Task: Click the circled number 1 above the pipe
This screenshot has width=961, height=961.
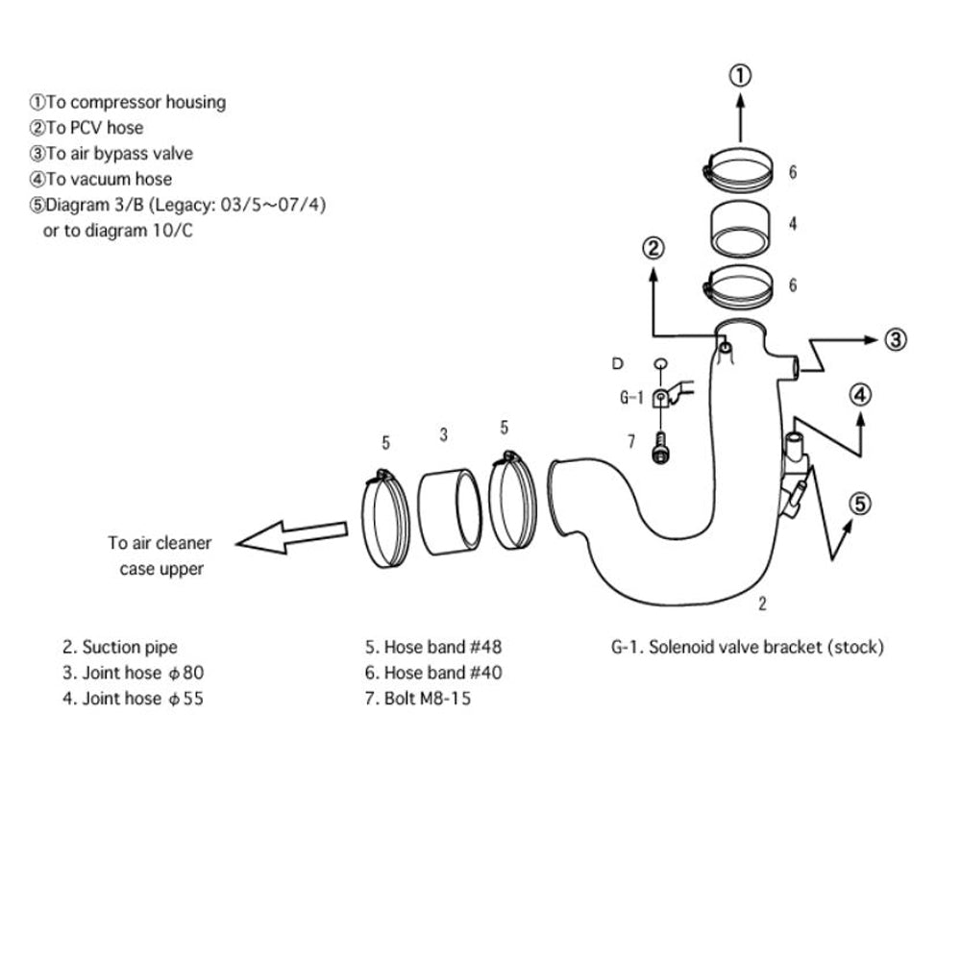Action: [x=740, y=74]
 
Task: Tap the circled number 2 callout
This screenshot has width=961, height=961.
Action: [x=653, y=249]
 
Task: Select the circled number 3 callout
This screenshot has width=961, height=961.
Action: [x=895, y=338]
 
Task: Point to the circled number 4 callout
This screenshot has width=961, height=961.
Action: [x=861, y=394]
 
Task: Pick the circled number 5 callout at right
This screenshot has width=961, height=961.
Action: [x=861, y=502]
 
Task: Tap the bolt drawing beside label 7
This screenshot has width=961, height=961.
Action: [x=659, y=448]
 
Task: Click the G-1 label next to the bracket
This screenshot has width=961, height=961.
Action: [x=630, y=396]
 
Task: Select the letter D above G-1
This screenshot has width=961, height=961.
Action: [x=617, y=363]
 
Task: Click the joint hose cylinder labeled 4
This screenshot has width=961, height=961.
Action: [x=739, y=226]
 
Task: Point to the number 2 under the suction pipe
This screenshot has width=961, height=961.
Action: [x=762, y=604]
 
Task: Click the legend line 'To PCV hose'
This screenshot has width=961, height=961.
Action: [x=86, y=127]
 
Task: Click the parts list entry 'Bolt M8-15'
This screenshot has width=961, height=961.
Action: [x=417, y=699]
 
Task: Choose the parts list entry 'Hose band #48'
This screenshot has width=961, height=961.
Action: [x=432, y=647]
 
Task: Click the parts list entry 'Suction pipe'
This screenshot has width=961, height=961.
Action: [x=120, y=647]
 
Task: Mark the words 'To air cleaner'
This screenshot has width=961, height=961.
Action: [x=160, y=543]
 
